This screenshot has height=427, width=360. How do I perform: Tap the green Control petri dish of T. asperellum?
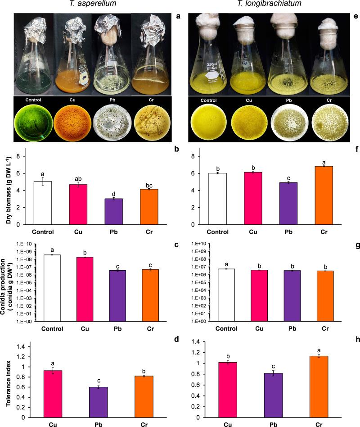(x=29, y=118)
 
